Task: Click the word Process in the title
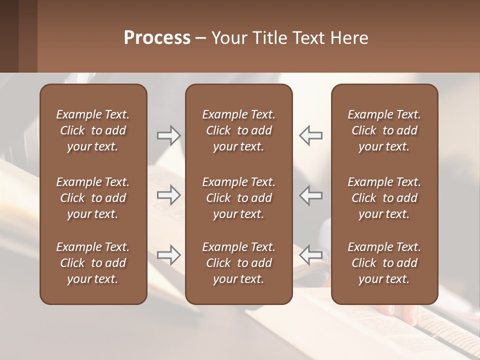coord(157,38)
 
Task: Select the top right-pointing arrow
coord(168,135)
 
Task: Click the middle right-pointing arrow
coord(168,195)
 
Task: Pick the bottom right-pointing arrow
coord(168,255)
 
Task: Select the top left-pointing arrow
coord(310,135)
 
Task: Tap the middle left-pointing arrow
coord(310,195)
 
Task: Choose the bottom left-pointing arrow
coord(310,255)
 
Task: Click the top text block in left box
coord(93,130)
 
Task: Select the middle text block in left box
coord(93,198)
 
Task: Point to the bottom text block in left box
coord(93,263)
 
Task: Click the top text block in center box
coord(238,130)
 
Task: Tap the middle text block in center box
coord(238,198)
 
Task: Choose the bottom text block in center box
coord(238,263)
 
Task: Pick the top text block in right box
coord(384,130)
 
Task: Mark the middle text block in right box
coord(384,198)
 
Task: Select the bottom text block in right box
coord(384,263)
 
